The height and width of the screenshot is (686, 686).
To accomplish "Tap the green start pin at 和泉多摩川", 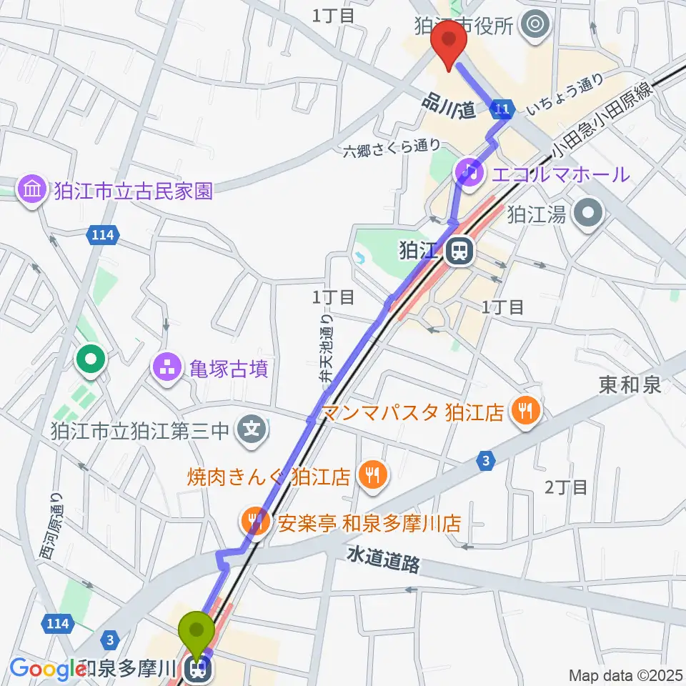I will (x=199, y=632).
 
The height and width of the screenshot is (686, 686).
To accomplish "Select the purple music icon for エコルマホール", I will (x=469, y=172).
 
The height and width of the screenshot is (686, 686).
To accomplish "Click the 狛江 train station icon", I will (x=459, y=251).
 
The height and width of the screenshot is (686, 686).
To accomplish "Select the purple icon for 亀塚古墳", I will (x=165, y=369).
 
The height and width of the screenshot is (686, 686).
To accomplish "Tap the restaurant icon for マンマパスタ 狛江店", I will (x=526, y=410).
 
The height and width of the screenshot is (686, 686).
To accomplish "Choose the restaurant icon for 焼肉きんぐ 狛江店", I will (x=372, y=473).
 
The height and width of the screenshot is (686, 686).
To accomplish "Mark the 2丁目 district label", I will (x=566, y=487).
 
